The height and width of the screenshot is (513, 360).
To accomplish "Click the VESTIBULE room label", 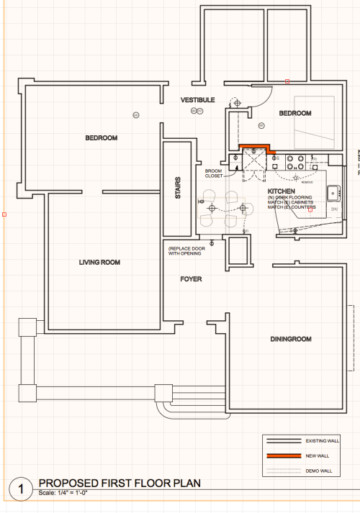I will [197, 99].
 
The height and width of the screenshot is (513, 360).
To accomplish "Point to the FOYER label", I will [191, 278].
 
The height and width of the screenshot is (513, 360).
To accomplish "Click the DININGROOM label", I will [290, 339].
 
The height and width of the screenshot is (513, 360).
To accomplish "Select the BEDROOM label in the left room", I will [101, 138].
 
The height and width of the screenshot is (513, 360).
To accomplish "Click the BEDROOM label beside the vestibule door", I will [295, 114].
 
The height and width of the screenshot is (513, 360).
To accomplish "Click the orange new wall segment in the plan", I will [254, 147].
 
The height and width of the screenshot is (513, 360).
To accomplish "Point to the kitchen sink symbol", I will [333, 192].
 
